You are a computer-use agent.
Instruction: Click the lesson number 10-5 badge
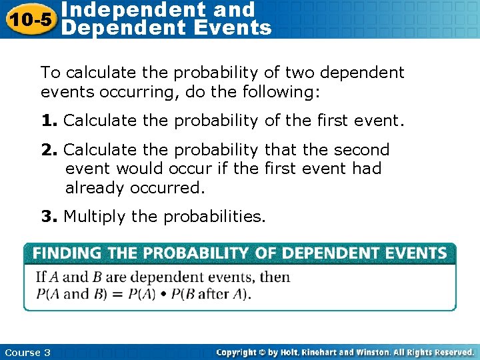28,19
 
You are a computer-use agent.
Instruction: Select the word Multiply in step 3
91,217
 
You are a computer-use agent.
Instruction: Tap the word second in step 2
357,150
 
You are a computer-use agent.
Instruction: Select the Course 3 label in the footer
27,352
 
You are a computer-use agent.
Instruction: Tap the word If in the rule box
41,277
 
